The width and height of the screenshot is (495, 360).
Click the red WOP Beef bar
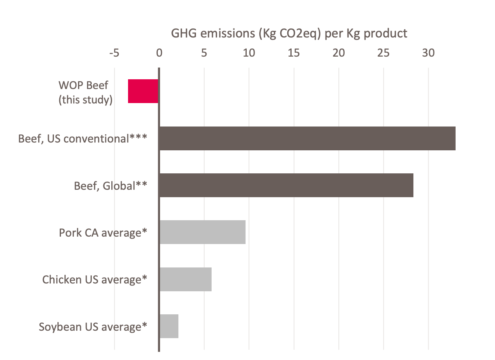point(143,91)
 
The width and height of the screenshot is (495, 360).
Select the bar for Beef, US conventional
point(307,139)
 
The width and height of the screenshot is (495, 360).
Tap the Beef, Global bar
point(286,185)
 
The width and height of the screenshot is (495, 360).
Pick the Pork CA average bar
point(203,232)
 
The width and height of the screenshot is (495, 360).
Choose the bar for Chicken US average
point(185,279)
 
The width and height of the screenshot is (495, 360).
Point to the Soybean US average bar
point(169,326)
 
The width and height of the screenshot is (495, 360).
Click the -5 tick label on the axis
point(114,53)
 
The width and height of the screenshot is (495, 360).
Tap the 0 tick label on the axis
point(159,53)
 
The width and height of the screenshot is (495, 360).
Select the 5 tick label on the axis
point(204,53)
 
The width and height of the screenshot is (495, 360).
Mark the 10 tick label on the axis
point(249,53)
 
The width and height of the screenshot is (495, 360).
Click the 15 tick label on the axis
point(294,53)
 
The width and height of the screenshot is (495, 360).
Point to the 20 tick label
point(339,53)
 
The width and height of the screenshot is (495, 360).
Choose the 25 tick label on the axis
point(384,53)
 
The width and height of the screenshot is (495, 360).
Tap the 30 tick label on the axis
point(429,53)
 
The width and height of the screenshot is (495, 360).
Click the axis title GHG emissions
point(289,34)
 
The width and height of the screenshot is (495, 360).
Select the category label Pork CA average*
point(103,233)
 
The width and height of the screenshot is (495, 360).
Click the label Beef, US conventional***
point(83,139)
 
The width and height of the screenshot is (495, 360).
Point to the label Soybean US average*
point(93,326)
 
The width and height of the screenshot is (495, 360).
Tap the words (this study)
point(85,100)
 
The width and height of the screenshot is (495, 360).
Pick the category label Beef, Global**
point(110,186)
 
